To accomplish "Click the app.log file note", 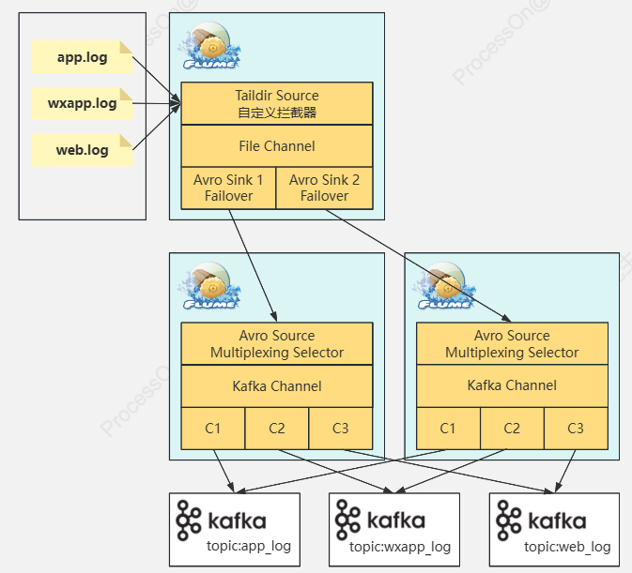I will pos(82,57).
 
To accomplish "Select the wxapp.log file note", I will pos(82,103).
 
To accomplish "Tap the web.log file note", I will pos(82,150).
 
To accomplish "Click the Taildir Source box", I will pos(276,103).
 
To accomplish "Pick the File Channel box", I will pos(276,146).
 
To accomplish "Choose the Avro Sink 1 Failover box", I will pos(228,188).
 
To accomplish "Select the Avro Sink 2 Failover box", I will pos(324,188).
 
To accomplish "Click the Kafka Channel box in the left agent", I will pos(276,386).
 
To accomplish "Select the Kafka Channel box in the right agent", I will pos(512,386).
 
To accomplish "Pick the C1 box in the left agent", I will pos(213,429).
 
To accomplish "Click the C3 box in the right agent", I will pos(576,429).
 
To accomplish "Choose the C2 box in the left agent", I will pos(277,429).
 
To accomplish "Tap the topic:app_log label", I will pos(250,547).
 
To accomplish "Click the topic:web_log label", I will pos(567,547).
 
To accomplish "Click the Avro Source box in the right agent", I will pos(512,344).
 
